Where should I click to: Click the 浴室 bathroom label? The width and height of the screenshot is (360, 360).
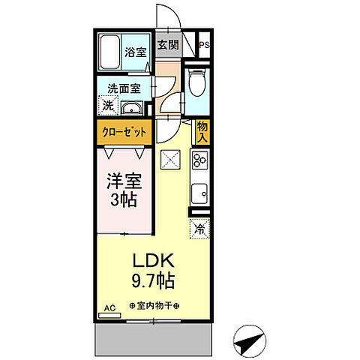[135, 54]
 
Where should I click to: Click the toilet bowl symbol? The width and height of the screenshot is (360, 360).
[198, 84]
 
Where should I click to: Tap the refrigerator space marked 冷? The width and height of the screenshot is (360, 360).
[200, 228]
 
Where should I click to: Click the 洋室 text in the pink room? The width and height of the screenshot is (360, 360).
[123, 182]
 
